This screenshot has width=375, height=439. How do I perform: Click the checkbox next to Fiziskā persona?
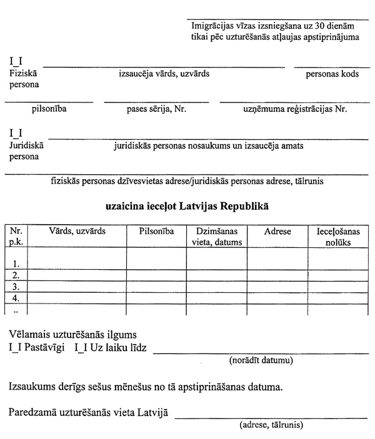[x=16, y=62]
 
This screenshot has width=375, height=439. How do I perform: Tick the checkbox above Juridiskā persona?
[x=16, y=133]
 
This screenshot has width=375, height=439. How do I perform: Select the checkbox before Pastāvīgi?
[x=16, y=348]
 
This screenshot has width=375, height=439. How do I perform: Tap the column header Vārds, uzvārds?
[x=77, y=231]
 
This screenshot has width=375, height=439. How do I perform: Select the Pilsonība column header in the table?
[x=156, y=231]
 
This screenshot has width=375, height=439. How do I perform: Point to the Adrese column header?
[x=277, y=231]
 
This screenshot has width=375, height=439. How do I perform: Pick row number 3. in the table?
[x=16, y=287]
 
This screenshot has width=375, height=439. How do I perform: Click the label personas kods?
[x=332, y=74]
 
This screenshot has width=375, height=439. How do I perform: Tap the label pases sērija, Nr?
[x=156, y=109]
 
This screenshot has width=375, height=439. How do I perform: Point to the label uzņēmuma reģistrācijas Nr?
[x=291, y=109]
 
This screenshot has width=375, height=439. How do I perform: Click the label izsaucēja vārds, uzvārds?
[x=164, y=74]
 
